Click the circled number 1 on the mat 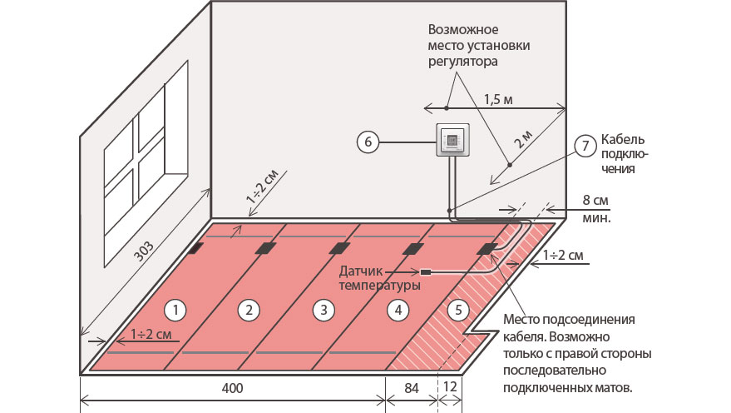click(175, 310)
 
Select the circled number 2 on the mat click(247, 310)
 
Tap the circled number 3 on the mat click(320, 310)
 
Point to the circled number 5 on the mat click(456, 310)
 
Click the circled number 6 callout click(367, 142)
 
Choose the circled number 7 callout click(585, 146)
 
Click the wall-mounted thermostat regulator click(452, 141)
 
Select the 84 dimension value click(412, 388)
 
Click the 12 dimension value click(449, 388)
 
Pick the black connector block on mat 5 click(487, 247)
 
